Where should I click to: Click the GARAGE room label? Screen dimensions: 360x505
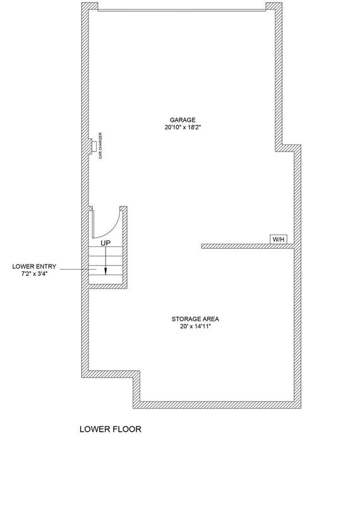(x=183, y=120)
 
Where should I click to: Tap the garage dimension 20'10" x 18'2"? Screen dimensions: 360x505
(x=183, y=128)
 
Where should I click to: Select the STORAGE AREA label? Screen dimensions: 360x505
(x=195, y=319)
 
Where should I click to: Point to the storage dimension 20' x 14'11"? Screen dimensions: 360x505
(x=195, y=326)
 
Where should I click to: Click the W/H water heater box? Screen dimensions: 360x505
(x=279, y=239)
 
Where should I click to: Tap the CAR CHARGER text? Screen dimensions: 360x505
(x=100, y=146)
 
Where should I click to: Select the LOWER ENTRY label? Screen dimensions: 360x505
(x=34, y=266)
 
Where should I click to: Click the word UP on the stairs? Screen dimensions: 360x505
(x=105, y=243)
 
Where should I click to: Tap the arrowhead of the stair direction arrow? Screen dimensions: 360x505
(x=105, y=272)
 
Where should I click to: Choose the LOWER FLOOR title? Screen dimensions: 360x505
(x=111, y=429)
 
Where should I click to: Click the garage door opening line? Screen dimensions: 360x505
(x=182, y=10)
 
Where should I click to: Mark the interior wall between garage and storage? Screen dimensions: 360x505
(x=248, y=246)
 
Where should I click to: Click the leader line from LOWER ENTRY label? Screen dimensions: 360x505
(x=78, y=269)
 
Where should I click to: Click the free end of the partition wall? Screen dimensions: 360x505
(x=201, y=246)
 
